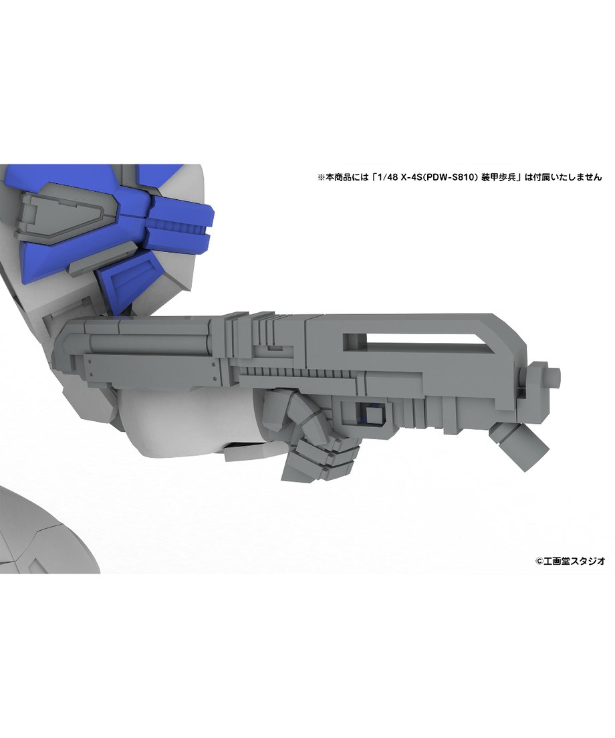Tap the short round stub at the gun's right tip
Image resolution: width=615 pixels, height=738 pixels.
tap(554, 376)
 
